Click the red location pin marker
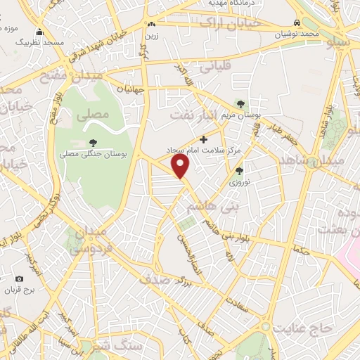pos(181,165)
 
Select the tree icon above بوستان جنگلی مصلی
pos(93,143)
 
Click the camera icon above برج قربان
pos(29,279)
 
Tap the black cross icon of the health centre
pos(204,139)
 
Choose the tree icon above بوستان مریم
pos(242,104)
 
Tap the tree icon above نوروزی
pos(239,171)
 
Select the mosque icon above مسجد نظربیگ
pos(39,32)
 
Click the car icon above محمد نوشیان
pos(295,22)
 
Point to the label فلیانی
pos(214,70)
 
